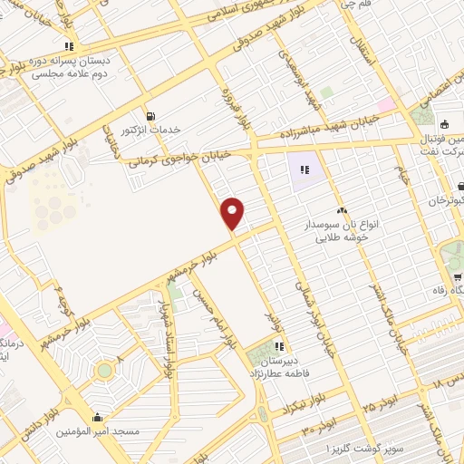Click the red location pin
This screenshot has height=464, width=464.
coord(233,213)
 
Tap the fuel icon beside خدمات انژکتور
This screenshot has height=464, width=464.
coord(150,115)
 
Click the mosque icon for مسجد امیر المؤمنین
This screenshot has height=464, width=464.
coord(98,418)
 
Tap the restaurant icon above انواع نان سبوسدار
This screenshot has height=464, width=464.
coord(342,211)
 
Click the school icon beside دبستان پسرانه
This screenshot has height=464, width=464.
coord(68,46)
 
